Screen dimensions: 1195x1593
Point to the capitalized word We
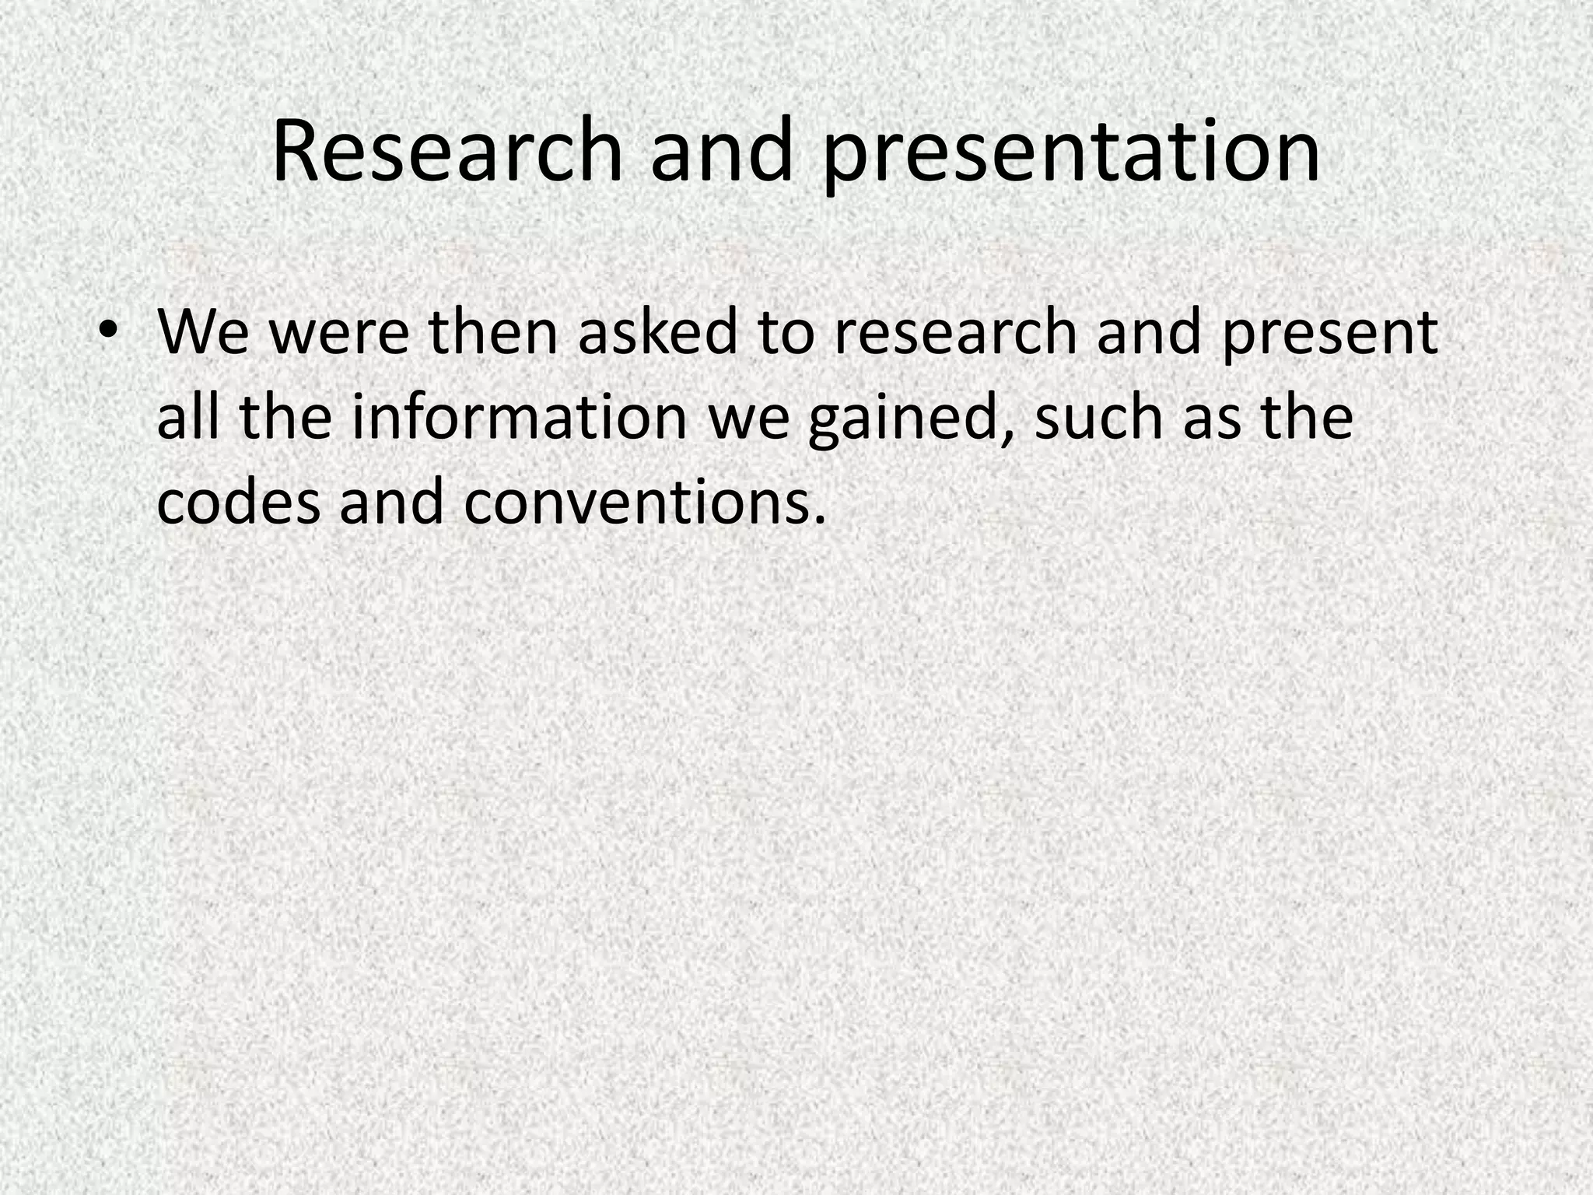click(203, 332)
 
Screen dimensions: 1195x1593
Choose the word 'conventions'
click(643, 501)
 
